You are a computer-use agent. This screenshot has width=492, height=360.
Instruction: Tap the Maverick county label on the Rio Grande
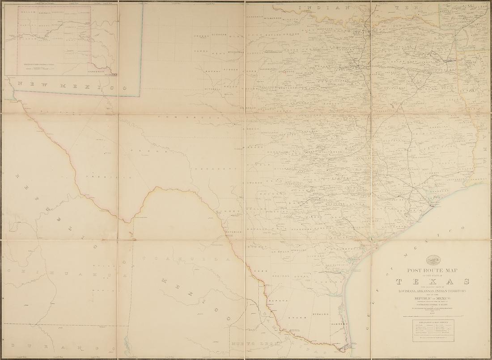[x=233, y=232]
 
